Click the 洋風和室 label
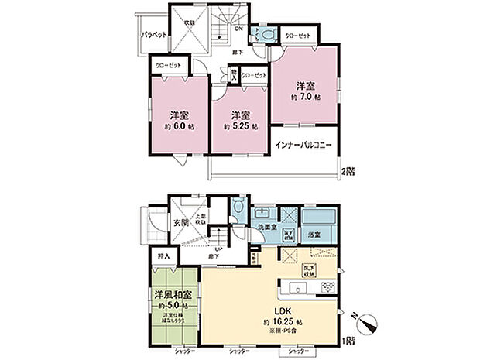pos(170,295)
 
